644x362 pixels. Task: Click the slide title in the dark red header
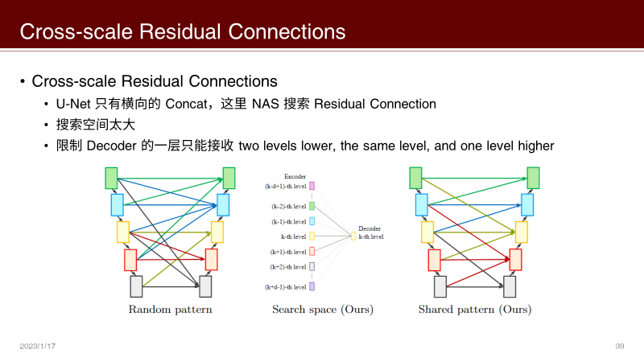(x=183, y=31)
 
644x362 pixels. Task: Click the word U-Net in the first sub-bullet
(x=73, y=104)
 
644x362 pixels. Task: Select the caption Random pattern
(x=170, y=310)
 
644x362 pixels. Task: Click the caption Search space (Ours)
(x=322, y=310)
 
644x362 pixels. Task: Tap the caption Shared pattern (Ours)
(x=475, y=310)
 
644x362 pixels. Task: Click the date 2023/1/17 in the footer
(x=38, y=346)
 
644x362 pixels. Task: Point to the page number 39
(x=619, y=346)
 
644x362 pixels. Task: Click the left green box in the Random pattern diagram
(x=111, y=178)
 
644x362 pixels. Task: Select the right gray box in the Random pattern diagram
(x=206, y=286)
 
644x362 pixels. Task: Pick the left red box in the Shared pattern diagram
(x=434, y=260)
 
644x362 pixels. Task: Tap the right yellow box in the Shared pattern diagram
(x=521, y=232)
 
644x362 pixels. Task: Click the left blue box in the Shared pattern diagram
(x=422, y=204)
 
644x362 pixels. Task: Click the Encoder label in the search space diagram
(x=295, y=175)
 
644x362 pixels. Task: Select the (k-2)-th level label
(x=286, y=207)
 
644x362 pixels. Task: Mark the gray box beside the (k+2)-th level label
(x=312, y=266)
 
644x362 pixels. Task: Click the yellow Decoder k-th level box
(x=353, y=236)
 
